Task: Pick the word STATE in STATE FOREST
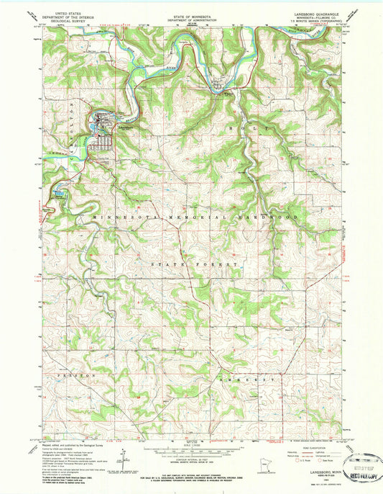[169, 266]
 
